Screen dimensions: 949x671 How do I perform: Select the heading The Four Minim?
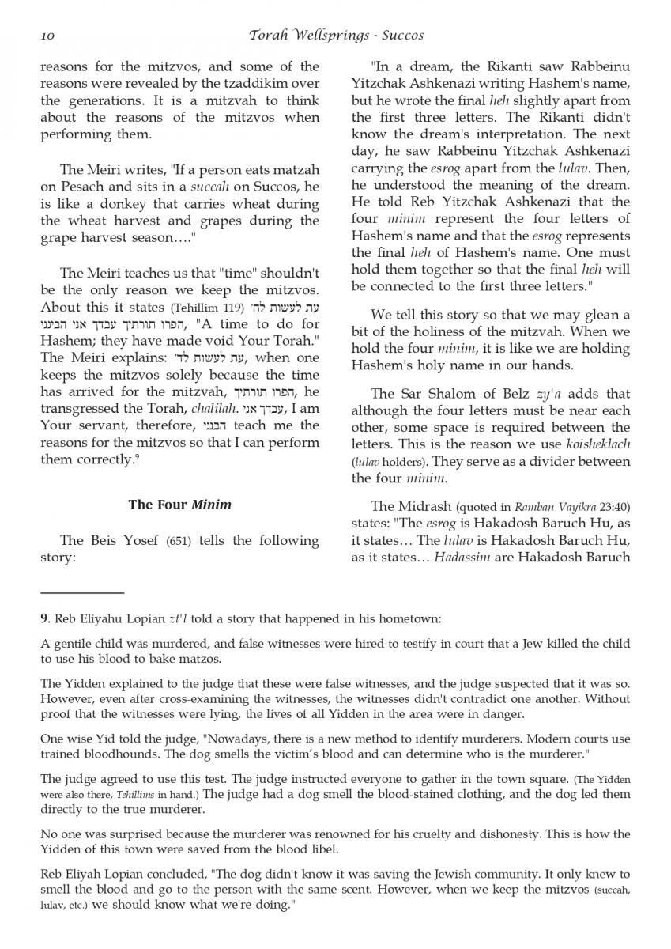[x=180, y=505]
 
